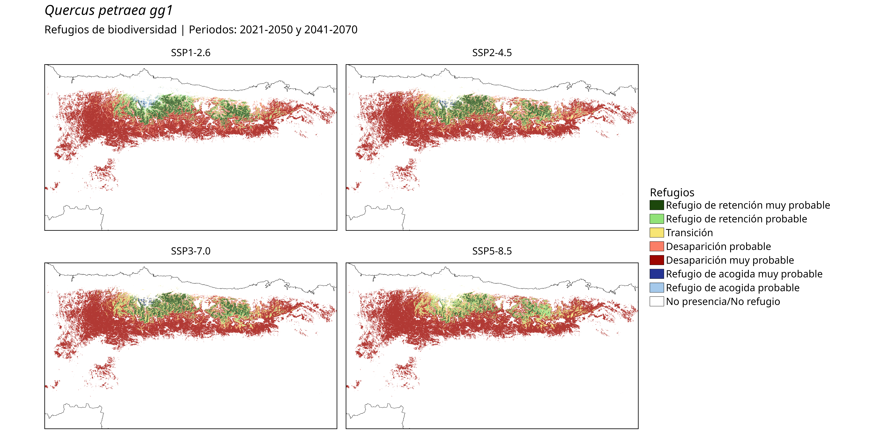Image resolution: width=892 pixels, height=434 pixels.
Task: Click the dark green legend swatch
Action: (x=657, y=205)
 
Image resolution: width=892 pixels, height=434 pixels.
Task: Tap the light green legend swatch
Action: (x=657, y=219)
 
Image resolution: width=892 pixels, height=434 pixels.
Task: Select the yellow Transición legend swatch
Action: (x=657, y=232)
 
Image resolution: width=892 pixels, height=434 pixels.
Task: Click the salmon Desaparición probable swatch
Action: (x=657, y=246)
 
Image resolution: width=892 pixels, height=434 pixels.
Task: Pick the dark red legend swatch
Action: (x=657, y=260)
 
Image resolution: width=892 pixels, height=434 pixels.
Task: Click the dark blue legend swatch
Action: (x=657, y=274)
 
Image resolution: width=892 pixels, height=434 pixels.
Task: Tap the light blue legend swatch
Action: (x=657, y=287)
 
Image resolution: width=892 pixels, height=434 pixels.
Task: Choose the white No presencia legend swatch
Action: (x=657, y=301)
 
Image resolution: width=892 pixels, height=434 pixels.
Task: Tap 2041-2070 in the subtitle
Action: (x=331, y=30)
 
